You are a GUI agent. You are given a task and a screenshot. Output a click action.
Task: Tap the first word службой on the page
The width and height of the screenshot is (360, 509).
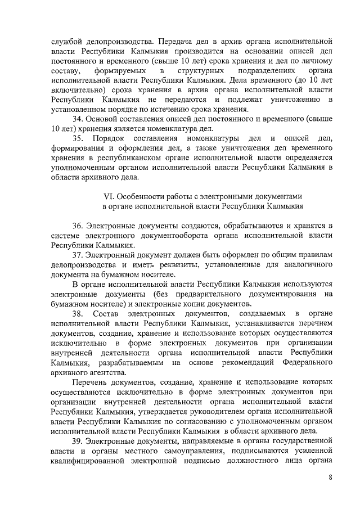click(62, 42)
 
